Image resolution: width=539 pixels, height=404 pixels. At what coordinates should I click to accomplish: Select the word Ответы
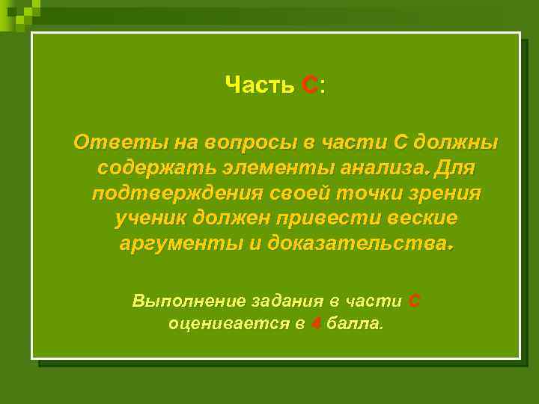[111, 141]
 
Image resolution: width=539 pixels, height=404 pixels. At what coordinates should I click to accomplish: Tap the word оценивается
[226, 325]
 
